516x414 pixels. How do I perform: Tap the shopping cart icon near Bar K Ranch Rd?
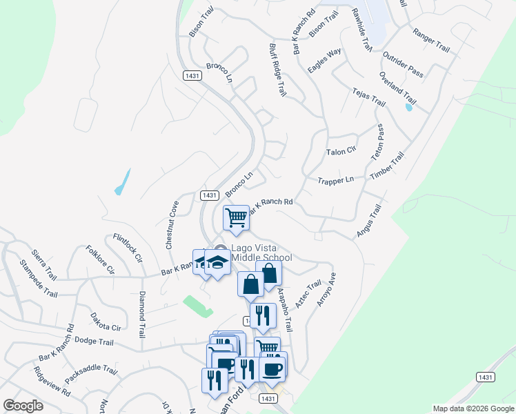coord(236,218)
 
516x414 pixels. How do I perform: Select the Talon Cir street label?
coord(341,150)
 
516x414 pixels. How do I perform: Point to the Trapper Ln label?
coord(335,180)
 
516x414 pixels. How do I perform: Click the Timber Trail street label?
coord(386,168)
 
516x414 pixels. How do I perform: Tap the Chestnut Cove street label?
coord(172,224)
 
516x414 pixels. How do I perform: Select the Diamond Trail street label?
coord(142,313)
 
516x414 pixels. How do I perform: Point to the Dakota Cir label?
coord(106,322)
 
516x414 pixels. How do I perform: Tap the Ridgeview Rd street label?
coord(52,380)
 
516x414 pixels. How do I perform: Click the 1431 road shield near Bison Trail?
coord(192,75)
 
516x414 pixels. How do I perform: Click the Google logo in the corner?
coord(23,406)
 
